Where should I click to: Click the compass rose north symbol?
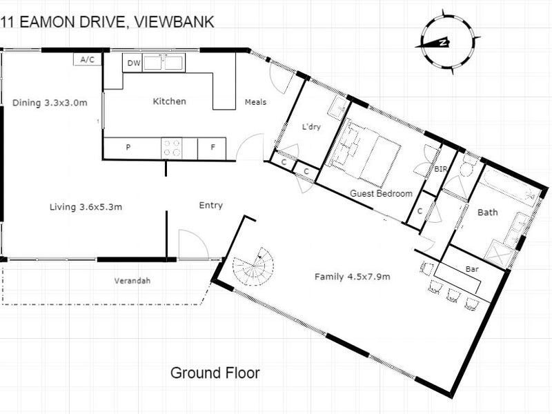[x=447, y=42]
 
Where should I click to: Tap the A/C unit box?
[x=88, y=59]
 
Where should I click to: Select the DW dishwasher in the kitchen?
[x=132, y=63]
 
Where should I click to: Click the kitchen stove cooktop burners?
[x=171, y=148]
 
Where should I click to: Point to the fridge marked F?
[x=212, y=148]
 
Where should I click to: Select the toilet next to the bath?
[x=468, y=166]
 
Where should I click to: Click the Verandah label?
[x=132, y=281]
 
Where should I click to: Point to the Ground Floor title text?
[x=215, y=373]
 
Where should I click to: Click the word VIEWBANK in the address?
[x=175, y=22]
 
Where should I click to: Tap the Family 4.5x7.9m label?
[x=353, y=277]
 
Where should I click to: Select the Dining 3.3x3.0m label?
[x=50, y=103]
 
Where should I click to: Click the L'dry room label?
[x=312, y=126]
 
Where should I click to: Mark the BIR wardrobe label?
[x=440, y=169]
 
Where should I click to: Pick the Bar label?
[x=472, y=269]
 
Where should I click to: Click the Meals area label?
[x=255, y=102]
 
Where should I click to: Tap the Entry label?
[x=211, y=206]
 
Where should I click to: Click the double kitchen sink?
[x=164, y=63]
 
